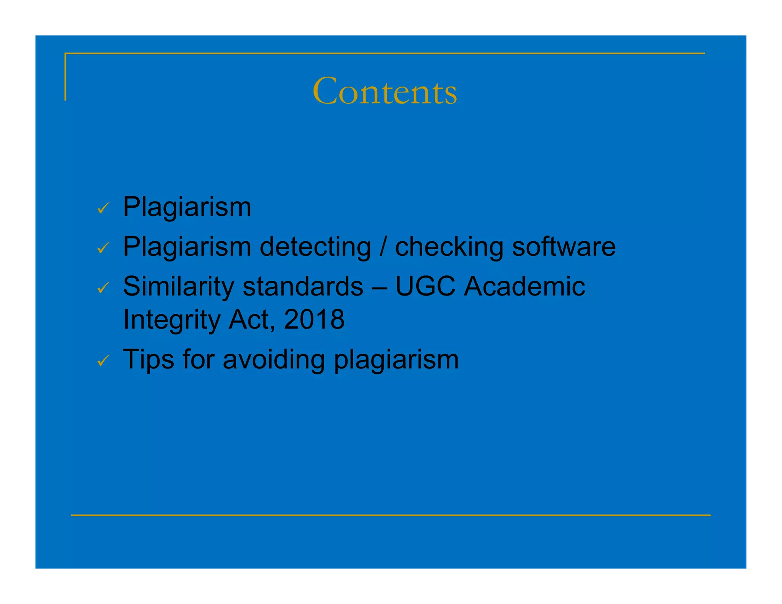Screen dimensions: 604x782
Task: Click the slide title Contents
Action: click(x=385, y=91)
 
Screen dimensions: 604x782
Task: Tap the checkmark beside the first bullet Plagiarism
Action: click(x=103, y=208)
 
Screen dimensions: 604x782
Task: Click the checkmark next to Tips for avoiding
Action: click(x=103, y=360)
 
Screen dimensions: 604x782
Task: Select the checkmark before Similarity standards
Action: click(x=103, y=287)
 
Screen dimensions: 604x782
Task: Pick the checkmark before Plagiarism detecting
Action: click(x=103, y=248)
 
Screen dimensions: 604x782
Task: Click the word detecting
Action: click(x=315, y=247)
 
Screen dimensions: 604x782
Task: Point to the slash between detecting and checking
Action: click(x=383, y=247)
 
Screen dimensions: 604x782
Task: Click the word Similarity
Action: click(x=178, y=286)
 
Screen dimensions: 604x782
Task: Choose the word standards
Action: click(x=303, y=286)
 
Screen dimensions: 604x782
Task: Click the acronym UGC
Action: click(x=425, y=286)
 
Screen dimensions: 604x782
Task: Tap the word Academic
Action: click(x=524, y=286)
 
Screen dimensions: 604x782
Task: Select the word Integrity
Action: click(x=172, y=320)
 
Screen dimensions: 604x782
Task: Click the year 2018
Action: click(x=314, y=319)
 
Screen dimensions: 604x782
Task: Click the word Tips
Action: click(x=149, y=360)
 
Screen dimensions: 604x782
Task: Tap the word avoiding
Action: click(x=273, y=360)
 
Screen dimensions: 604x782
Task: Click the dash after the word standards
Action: click(x=379, y=287)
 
